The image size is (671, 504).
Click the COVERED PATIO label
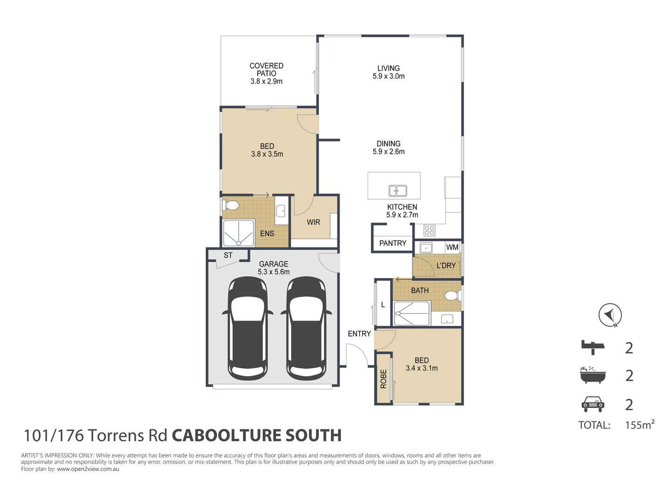[266, 73]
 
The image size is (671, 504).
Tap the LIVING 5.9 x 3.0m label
[388, 72]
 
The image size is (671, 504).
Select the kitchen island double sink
[397, 190]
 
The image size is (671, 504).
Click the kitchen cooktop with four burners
[429, 231]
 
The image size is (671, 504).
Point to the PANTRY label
[392, 243]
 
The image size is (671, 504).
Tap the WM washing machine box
[452, 247]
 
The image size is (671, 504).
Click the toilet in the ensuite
[230, 205]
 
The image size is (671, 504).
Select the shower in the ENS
[239, 233]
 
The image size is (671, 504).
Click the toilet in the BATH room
[451, 295]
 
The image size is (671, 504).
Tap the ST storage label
[228, 255]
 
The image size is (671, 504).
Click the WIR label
[313, 222]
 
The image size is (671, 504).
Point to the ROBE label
[383, 379]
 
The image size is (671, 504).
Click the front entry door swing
[357, 355]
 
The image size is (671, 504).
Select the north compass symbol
[610, 315]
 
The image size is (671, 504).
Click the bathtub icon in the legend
[593, 375]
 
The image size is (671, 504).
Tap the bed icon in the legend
[593, 346]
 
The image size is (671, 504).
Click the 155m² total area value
[639, 425]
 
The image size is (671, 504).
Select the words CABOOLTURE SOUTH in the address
[257, 435]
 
